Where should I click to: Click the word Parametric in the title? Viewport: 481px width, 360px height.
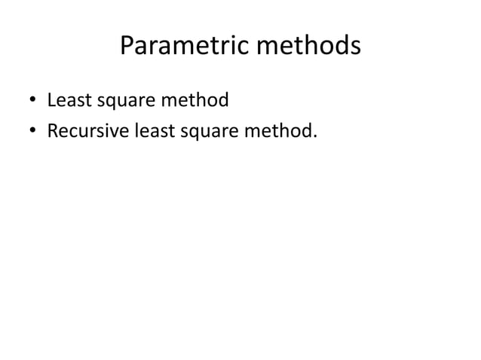(182, 47)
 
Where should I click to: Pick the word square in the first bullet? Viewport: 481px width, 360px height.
(122, 101)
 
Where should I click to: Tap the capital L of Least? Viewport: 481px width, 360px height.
(51, 99)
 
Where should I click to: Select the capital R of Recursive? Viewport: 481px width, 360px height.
(53, 132)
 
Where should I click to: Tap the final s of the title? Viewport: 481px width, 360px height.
(354, 49)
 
